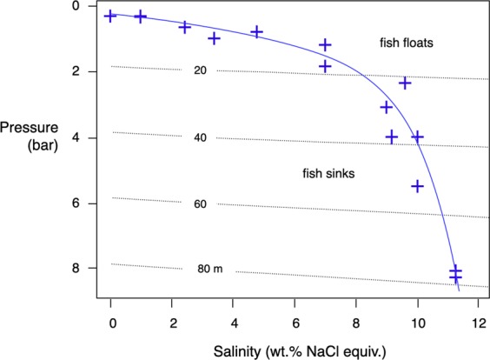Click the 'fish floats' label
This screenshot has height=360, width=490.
(x=412, y=43)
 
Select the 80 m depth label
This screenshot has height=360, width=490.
(x=210, y=269)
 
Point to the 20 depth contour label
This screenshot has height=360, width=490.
(x=201, y=71)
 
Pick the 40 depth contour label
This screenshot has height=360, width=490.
(x=201, y=137)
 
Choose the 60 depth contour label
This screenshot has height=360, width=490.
(x=201, y=203)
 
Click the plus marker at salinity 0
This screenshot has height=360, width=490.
(x=110, y=16)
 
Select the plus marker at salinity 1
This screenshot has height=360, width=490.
(x=141, y=17)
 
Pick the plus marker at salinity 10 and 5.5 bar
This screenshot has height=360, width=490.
(x=417, y=186)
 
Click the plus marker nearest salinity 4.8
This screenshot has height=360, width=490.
(x=257, y=32)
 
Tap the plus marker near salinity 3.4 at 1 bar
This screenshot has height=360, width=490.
(x=215, y=38)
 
